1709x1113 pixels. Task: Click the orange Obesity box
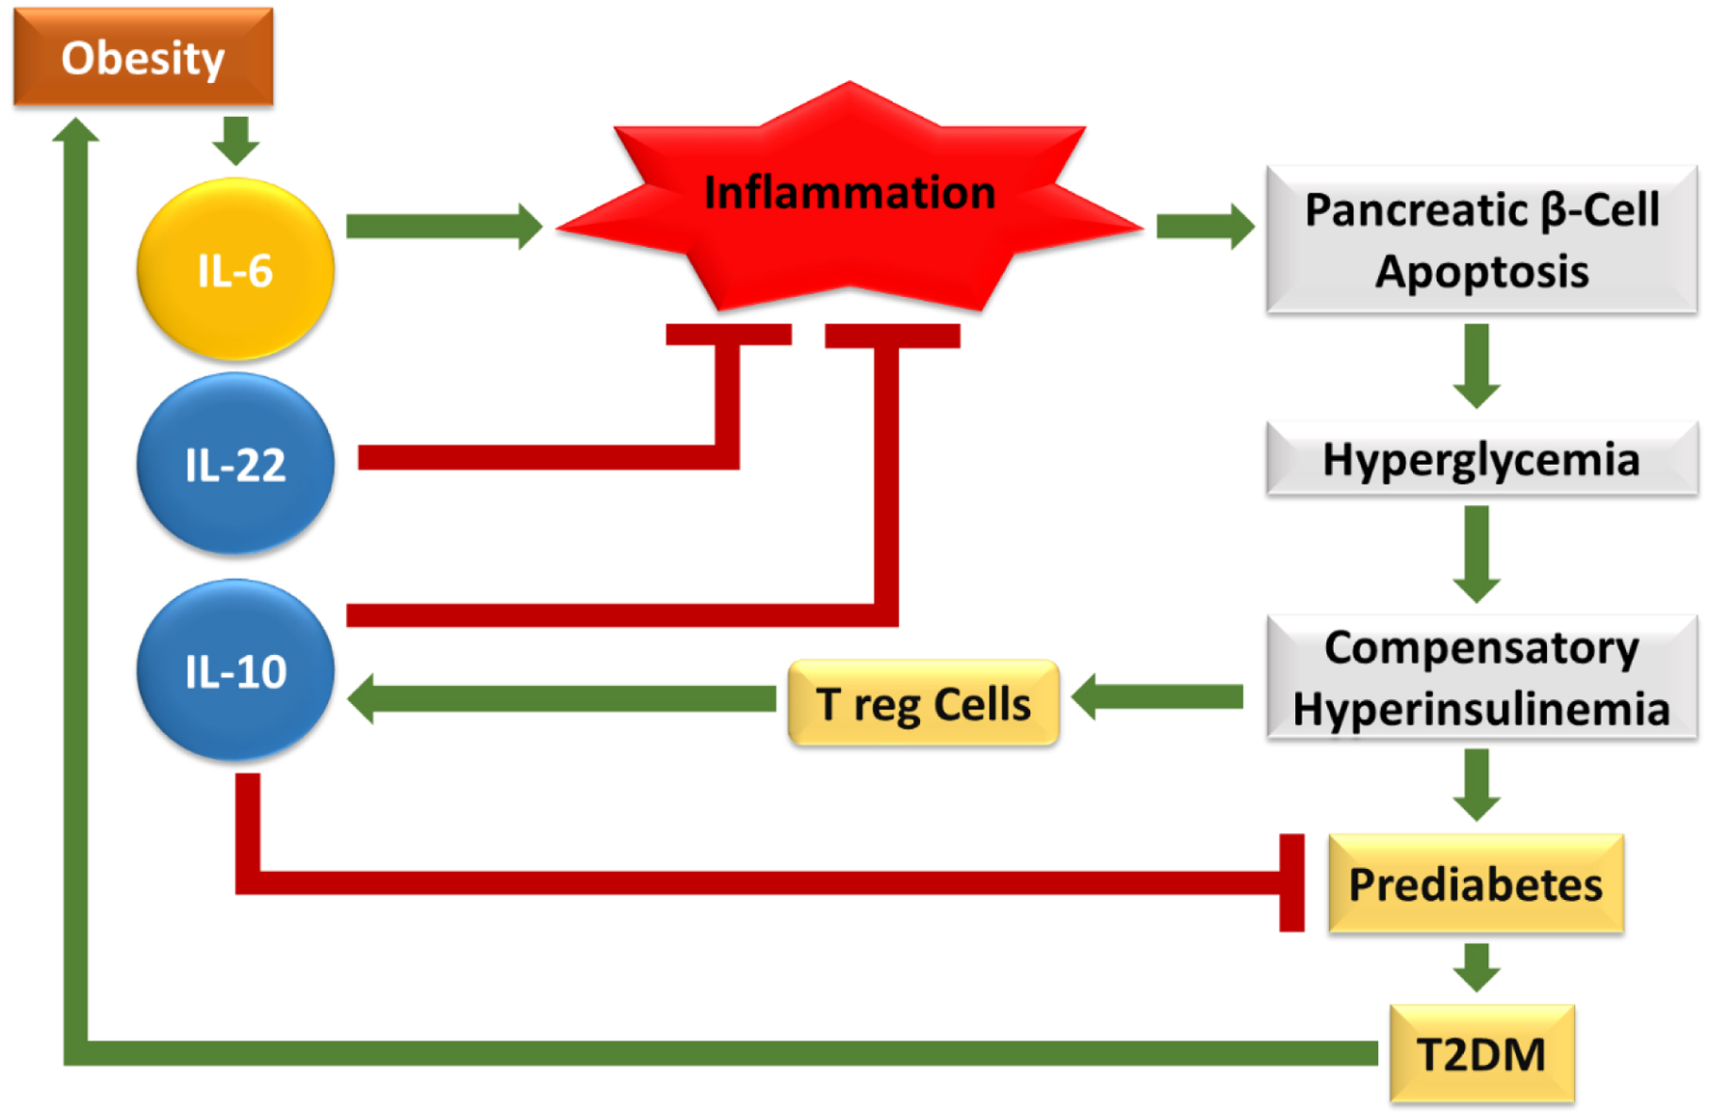(x=143, y=57)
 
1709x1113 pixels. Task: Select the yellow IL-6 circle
(x=235, y=270)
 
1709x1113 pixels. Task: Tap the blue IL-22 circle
(x=235, y=464)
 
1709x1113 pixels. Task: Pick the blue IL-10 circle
(x=235, y=670)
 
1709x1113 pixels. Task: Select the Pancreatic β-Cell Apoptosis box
(x=1481, y=240)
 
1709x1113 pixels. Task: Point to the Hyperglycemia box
(x=1481, y=459)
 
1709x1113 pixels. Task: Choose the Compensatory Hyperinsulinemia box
(x=1481, y=678)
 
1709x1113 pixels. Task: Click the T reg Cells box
(x=923, y=703)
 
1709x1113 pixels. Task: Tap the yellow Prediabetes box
(x=1476, y=883)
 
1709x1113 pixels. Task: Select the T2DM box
(x=1481, y=1053)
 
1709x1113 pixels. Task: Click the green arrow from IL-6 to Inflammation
(x=444, y=227)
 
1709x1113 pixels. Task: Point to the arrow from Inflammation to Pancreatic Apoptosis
(x=1205, y=227)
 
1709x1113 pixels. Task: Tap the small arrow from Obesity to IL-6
(x=235, y=140)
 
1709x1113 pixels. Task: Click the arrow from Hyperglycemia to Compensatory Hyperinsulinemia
(x=1477, y=554)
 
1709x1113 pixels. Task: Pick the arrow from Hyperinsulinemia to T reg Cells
(x=1157, y=696)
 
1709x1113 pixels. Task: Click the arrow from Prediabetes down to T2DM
(x=1477, y=966)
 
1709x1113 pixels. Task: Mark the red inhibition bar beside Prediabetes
(x=1291, y=883)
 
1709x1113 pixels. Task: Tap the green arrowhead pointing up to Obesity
(x=75, y=131)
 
